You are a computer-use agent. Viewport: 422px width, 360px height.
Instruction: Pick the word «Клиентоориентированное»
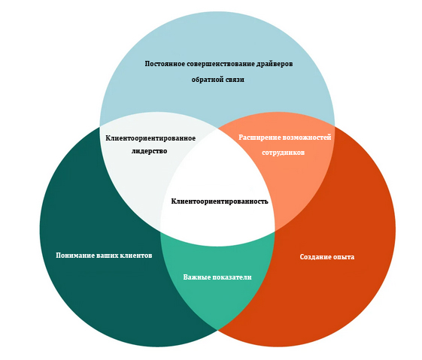pos(150,138)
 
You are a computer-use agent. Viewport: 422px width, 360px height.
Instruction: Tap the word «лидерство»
pos(150,151)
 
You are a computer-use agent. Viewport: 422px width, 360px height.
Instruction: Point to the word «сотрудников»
pos(283,153)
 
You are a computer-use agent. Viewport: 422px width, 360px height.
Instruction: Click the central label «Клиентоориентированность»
pos(220,201)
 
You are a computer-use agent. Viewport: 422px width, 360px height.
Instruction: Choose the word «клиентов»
pos(136,256)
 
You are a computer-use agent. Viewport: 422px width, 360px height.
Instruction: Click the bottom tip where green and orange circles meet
pos(217,330)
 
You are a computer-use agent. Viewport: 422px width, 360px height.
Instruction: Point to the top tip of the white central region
pos(217,129)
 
